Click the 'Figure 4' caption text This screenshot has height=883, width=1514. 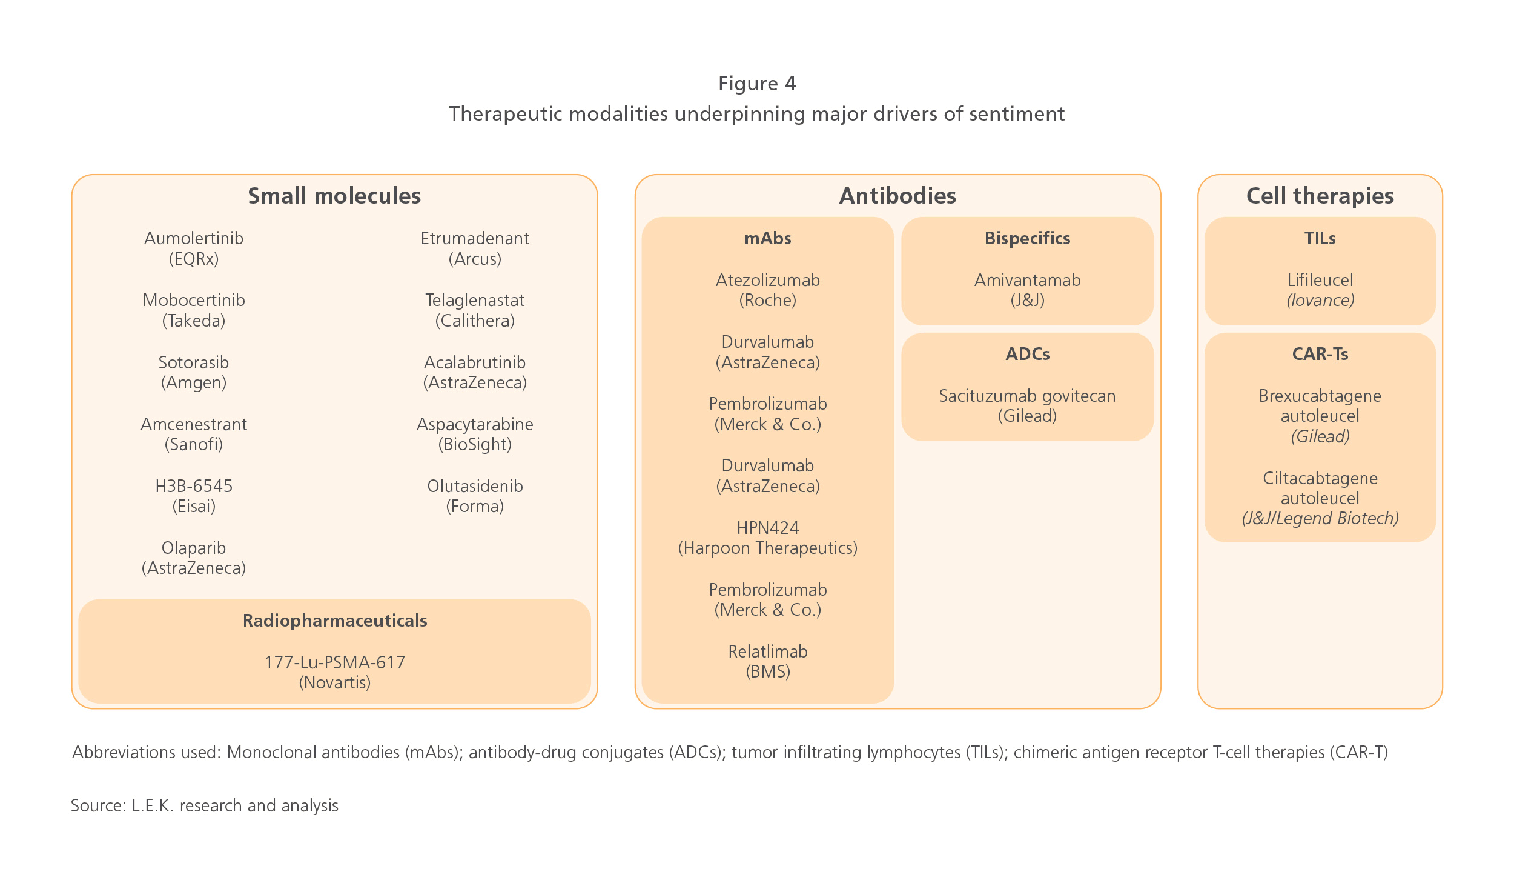757,83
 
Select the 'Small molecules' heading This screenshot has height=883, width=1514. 334,196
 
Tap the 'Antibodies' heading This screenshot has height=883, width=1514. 897,196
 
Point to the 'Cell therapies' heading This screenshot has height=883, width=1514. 1320,196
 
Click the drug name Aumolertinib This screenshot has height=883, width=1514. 194,238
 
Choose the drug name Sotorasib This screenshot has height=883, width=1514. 194,362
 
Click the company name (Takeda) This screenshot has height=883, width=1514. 194,321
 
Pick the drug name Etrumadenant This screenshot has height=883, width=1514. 475,238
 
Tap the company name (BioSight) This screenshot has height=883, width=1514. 475,444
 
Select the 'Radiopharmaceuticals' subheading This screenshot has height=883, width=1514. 335,621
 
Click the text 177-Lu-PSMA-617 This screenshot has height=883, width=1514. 335,662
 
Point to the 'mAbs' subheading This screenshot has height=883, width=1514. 768,238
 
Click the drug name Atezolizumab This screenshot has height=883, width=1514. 768,280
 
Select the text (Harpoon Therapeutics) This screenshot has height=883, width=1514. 768,548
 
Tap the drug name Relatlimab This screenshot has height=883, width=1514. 768,651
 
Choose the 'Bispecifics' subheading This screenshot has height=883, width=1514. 1028,238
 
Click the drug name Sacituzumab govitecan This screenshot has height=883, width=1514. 1028,396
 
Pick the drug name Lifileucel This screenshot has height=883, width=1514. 1320,280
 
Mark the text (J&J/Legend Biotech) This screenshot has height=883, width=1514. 1320,518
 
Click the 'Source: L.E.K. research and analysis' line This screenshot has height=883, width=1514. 205,805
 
